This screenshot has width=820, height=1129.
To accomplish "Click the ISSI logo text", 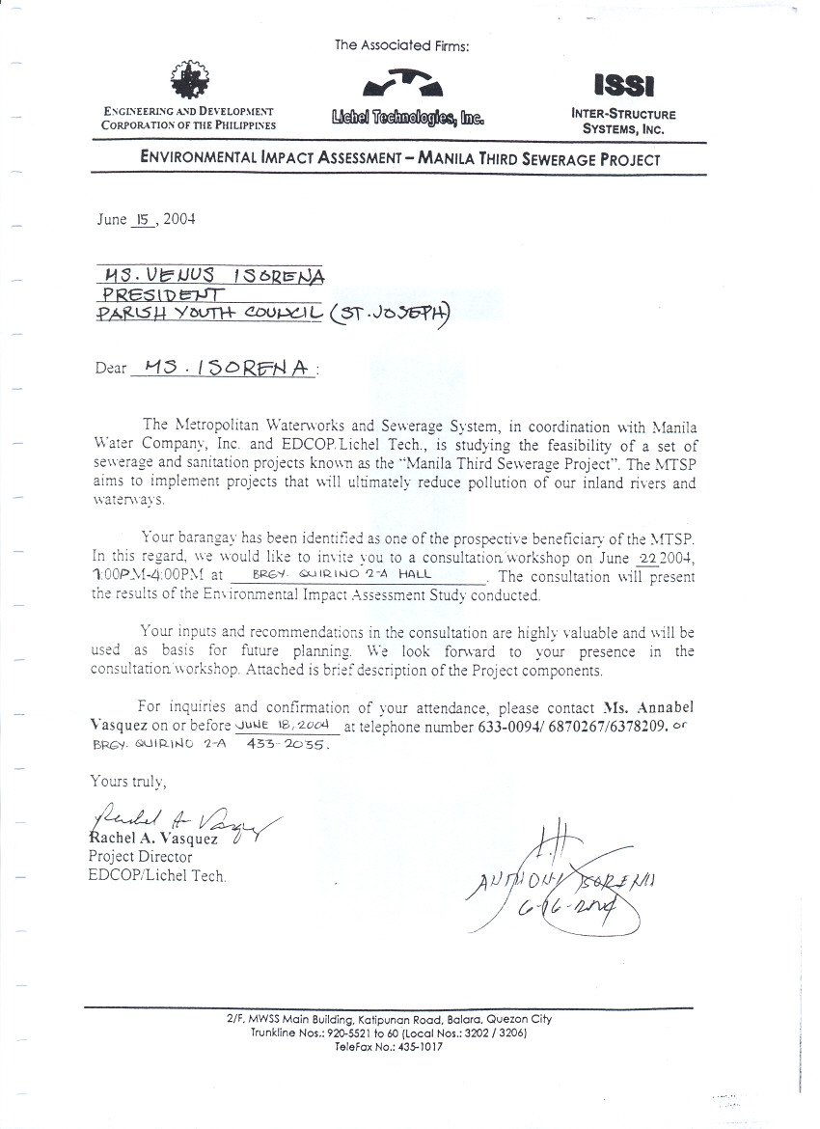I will (x=624, y=87).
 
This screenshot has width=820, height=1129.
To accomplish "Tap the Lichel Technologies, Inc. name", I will (x=406, y=119).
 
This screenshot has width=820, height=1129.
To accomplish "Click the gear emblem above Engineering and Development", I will (x=188, y=80).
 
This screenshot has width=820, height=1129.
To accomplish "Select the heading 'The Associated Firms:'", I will (x=401, y=44).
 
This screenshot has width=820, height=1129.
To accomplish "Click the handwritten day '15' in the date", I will (x=142, y=219).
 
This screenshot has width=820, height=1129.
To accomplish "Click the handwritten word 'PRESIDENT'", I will (x=164, y=293).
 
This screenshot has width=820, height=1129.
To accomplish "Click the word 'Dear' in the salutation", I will (x=111, y=368).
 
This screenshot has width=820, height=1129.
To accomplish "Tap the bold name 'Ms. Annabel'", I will (x=647, y=706).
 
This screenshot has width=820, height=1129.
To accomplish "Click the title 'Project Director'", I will (x=140, y=856).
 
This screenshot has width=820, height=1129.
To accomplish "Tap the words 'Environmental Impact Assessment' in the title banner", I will (x=266, y=159).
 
